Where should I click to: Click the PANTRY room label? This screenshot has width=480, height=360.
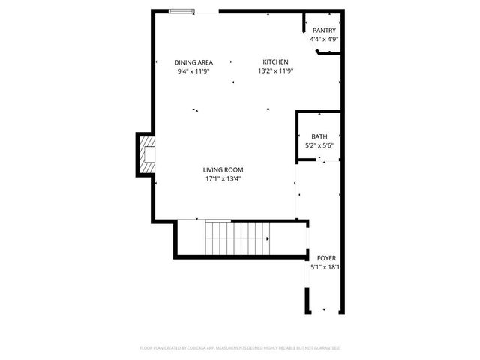coord(325,31)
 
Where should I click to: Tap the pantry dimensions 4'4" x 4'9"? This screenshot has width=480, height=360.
coord(325,39)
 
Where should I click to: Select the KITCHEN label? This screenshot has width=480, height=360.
coord(274,62)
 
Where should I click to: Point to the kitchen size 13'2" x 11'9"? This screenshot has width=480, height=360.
coord(274,71)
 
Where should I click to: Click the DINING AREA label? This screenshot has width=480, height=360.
coord(193,62)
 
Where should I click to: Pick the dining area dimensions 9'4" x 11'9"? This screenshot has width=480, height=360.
coord(193,71)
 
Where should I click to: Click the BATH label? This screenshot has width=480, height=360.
coord(319,136)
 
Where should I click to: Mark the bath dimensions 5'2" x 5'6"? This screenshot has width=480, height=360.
coord(319,145)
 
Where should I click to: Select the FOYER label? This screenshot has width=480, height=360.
coord(326,257)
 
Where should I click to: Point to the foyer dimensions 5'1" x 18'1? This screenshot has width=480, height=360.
coord(326,266)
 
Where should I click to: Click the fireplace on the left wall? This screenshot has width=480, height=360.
coord(146,154)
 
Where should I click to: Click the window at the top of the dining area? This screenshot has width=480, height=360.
coord(181,11)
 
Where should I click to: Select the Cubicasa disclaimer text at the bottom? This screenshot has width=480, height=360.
coord(240,348)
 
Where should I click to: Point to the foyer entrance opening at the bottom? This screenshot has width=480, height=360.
coord(325,311)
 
